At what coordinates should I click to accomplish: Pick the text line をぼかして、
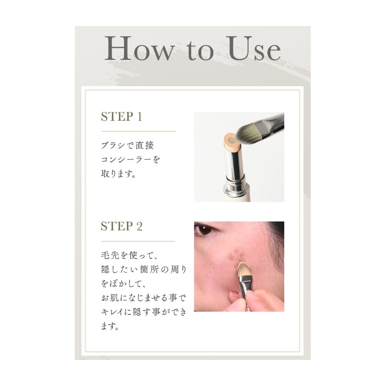pyautogui.click(x=124, y=283)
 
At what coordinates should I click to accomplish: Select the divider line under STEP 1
pyautogui.click(x=138, y=131)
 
